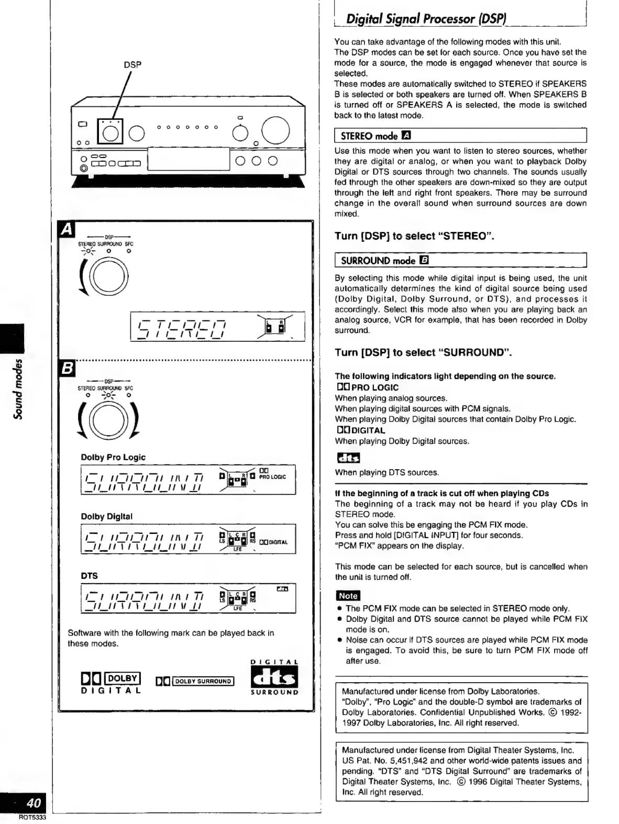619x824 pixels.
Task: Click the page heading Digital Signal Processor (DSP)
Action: pyautogui.click(x=426, y=19)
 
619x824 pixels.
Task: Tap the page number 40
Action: pyautogui.click(x=34, y=803)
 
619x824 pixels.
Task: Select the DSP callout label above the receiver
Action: pyautogui.click(x=132, y=65)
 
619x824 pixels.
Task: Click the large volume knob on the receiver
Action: pyautogui.click(x=276, y=131)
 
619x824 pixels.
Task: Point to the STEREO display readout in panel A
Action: pyautogui.click(x=180, y=326)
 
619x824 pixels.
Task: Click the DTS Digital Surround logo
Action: pyautogui.click(x=274, y=677)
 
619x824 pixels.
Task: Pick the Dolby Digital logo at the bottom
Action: pyautogui.click(x=111, y=682)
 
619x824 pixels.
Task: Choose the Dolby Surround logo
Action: pyautogui.click(x=195, y=681)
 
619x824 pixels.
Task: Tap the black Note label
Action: pyautogui.click(x=348, y=596)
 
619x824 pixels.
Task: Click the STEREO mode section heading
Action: pyautogui.click(x=375, y=136)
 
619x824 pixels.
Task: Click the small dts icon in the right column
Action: pyautogui.click(x=348, y=458)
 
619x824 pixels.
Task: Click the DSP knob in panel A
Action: pyautogui.click(x=110, y=276)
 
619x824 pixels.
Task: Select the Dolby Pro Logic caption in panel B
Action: pyautogui.click(x=113, y=457)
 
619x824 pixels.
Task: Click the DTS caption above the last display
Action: pyautogui.click(x=90, y=575)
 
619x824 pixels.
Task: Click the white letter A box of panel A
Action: pyautogui.click(x=67, y=230)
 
